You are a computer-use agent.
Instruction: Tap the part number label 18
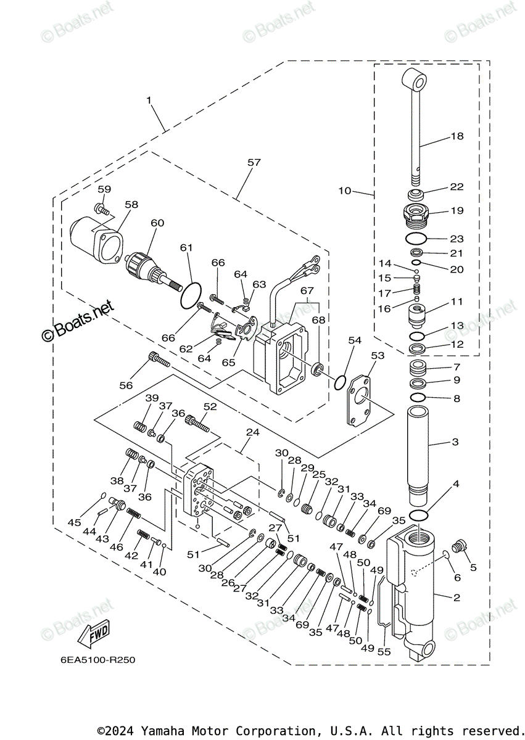457,136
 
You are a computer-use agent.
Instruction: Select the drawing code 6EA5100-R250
98,660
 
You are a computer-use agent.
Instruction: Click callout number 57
254,163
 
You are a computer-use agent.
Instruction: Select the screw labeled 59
102,209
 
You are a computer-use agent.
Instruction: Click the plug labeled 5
457,546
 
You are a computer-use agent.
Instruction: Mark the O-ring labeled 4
420,516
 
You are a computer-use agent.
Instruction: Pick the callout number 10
344,191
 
